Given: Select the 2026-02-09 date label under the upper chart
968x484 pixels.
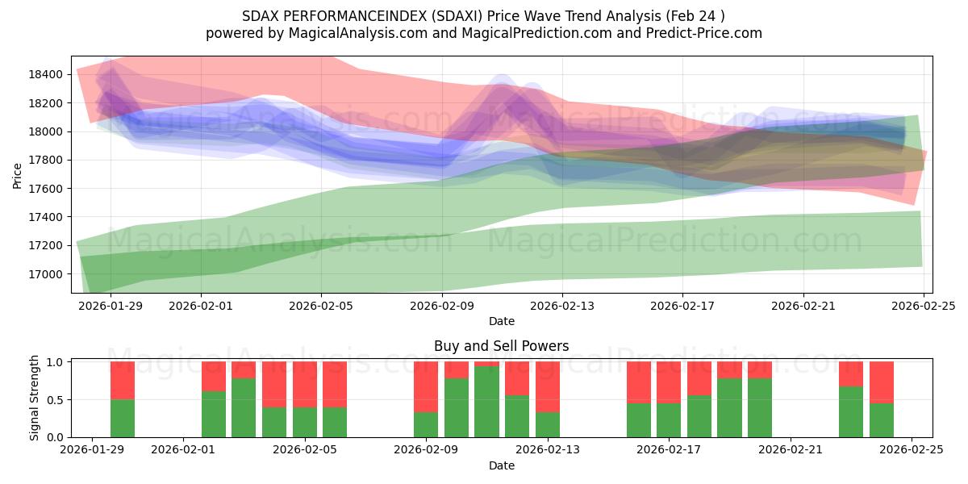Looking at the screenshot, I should coord(442,307).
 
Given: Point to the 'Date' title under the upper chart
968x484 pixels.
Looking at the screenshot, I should coord(501,321).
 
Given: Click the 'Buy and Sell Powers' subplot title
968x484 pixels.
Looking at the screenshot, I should coord(501,346).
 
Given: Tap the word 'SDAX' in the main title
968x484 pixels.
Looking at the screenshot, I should coord(260,16).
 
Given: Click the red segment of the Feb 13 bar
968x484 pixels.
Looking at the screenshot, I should coord(548,386).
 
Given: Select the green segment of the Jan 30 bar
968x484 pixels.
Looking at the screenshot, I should coord(123,418).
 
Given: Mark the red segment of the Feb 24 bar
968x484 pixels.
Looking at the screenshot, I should coord(882,382).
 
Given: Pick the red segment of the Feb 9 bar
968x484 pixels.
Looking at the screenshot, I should coord(426,386).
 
